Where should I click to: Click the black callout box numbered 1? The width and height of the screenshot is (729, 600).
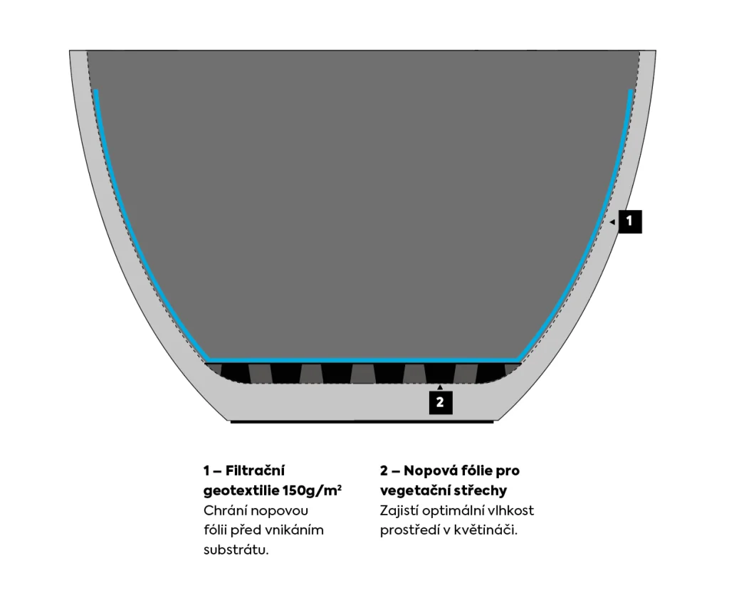pos(629,221)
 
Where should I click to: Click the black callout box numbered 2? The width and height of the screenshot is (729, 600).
pos(440,402)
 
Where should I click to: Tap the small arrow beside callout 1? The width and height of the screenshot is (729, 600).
pos(612,222)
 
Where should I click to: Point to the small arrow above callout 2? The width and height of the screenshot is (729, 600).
pos(440,387)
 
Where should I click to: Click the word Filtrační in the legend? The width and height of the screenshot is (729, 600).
pos(255,470)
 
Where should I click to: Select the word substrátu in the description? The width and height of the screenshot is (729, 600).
pos(236,550)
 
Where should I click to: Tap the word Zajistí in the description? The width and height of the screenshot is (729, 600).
pos(401,510)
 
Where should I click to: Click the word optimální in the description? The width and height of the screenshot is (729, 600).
pos(456,510)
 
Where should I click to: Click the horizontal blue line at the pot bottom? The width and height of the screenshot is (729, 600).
pos(363,359)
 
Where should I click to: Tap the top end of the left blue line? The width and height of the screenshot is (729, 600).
pos(95,92)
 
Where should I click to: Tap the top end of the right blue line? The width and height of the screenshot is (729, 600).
pos(631,92)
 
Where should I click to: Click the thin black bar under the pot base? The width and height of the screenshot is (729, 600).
pos(362,422)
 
